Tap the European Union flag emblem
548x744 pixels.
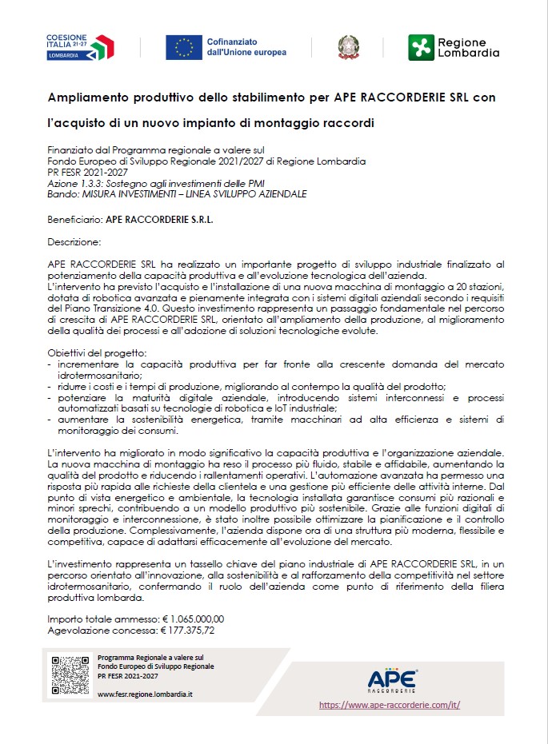click(184, 48)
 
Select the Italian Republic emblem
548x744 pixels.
click(348, 47)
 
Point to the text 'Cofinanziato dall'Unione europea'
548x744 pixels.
click(246, 47)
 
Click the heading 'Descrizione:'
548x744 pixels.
click(74, 241)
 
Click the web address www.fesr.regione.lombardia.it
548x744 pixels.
click(145, 694)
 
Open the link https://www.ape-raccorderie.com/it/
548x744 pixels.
click(390, 706)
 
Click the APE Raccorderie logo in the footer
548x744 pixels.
click(392, 679)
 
